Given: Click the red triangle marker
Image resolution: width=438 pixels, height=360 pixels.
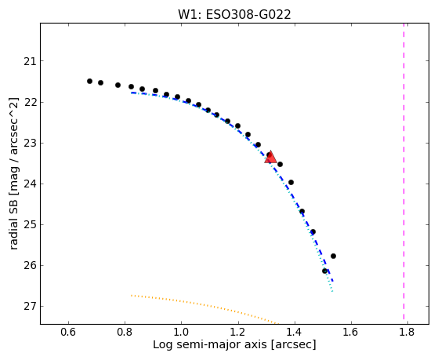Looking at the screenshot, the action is (x=270, y=157).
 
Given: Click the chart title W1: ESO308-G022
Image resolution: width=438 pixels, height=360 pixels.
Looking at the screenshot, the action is (x=234, y=15).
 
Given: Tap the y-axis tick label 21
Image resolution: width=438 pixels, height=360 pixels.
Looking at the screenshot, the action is (x=31, y=61).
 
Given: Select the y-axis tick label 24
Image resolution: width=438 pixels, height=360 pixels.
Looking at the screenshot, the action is (x=31, y=184).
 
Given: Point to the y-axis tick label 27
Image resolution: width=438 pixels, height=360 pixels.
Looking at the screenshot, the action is (x=31, y=307).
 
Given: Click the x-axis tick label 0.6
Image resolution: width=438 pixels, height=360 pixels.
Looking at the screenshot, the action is (x=68, y=332).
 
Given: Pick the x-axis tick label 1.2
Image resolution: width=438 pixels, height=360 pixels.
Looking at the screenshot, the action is (x=238, y=332).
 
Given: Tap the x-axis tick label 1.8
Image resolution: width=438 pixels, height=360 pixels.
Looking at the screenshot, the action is (x=407, y=332).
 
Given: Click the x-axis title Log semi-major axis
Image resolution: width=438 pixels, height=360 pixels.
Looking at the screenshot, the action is (x=210, y=344).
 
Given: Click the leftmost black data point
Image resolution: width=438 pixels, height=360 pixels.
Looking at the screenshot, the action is (x=89, y=81).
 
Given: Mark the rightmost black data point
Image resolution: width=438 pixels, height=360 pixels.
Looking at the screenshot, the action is (x=333, y=256).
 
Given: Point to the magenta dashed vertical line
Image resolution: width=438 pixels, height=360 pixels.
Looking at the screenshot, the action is (x=404, y=171).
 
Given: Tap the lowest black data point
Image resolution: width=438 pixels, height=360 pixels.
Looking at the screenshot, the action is (x=324, y=271).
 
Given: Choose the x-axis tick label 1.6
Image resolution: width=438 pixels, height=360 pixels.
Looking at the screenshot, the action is (x=351, y=332).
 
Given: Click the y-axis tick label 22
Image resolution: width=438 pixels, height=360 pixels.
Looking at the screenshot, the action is (x=31, y=103).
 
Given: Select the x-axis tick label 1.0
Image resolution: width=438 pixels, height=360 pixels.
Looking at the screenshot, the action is (x=181, y=332).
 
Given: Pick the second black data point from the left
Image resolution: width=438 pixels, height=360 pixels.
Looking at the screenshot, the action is (x=100, y=82).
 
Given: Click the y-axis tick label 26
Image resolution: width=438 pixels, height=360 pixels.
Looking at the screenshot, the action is (x=31, y=265).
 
